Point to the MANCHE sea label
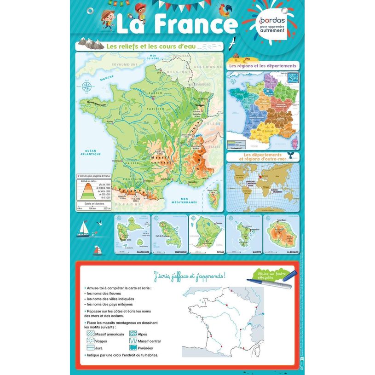106,79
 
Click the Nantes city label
110,121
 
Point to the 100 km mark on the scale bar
92,208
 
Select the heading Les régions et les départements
263,66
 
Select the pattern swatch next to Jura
90,348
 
